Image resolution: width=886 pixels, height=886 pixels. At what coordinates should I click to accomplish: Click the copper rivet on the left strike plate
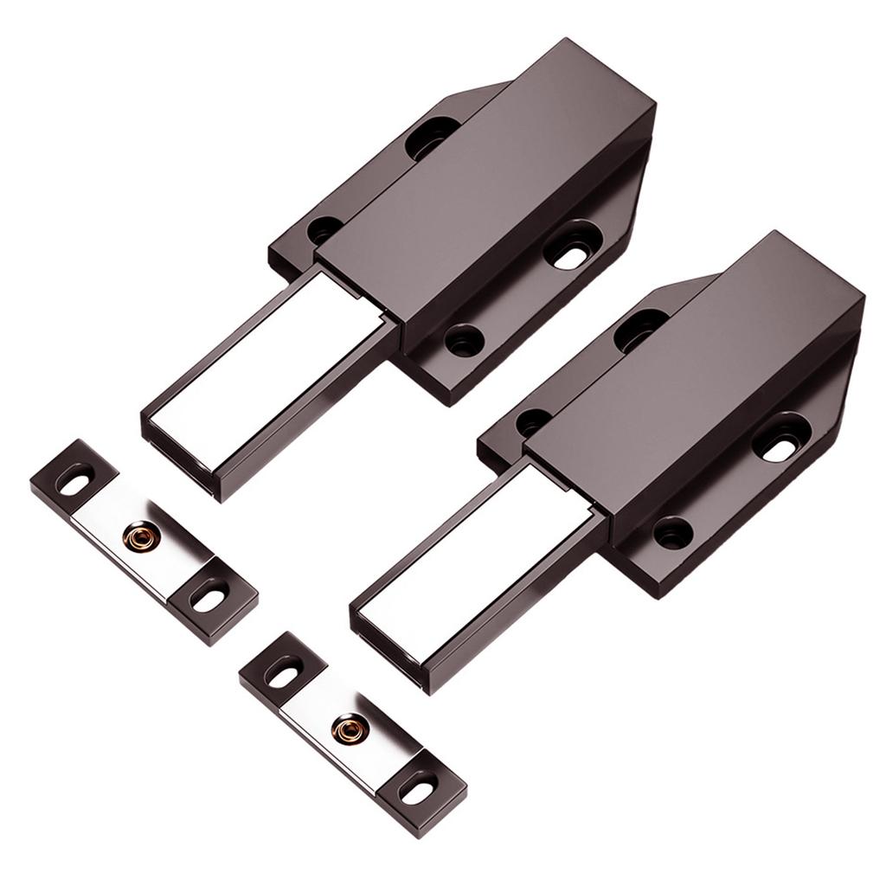[141, 537]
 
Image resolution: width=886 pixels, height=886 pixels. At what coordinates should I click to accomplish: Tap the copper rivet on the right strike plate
[350, 729]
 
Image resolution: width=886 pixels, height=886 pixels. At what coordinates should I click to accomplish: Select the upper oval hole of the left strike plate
[75, 478]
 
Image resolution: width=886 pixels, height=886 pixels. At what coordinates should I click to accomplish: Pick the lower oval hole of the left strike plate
[210, 596]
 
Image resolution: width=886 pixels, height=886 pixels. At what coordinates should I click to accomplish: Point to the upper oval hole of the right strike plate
[285, 671]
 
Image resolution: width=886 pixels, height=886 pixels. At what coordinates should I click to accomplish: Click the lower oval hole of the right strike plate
[420, 789]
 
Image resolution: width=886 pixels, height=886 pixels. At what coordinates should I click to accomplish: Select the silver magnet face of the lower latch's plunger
[476, 554]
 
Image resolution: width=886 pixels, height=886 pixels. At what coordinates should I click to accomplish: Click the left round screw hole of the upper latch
[324, 229]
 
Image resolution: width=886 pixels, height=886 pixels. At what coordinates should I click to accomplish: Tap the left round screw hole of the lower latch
[533, 422]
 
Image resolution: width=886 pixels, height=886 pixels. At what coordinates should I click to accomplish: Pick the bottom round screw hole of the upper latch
[465, 339]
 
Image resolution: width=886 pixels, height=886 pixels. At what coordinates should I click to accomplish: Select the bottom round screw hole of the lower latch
[673, 532]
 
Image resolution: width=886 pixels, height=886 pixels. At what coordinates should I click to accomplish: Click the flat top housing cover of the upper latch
[485, 190]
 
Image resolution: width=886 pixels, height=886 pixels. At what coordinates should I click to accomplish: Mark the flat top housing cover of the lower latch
[692, 385]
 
